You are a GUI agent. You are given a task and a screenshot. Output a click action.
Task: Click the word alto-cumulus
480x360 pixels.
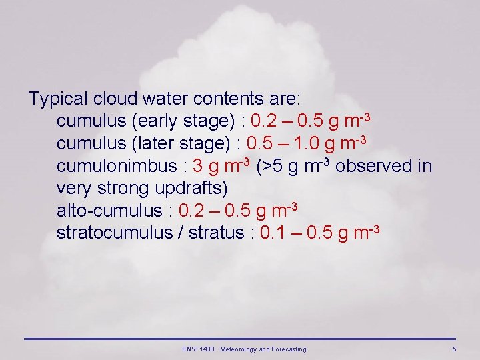tap(109, 211)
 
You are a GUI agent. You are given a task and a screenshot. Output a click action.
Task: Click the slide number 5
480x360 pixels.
tap(454, 349)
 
